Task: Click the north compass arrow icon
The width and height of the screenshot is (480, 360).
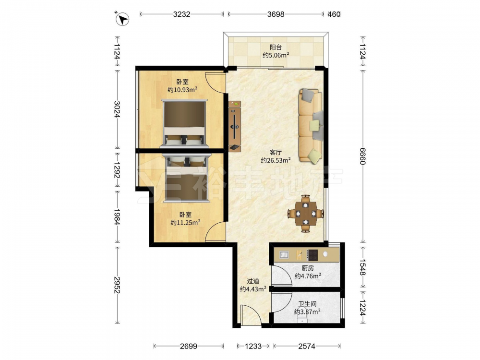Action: coord(122,19)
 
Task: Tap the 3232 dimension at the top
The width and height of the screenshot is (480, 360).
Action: coord(181,14)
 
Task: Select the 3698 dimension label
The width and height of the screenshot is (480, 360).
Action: coord(276,14)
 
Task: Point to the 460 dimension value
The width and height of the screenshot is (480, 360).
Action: coord(334,14)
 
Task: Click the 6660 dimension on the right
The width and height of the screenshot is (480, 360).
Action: coord(363,156)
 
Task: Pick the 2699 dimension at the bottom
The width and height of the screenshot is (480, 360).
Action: coord(189,346)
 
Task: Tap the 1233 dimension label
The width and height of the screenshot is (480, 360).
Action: coord(253,346)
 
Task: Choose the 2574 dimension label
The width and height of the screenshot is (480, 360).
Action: coord(307,346)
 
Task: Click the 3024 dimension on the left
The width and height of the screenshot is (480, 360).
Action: coord(117,109)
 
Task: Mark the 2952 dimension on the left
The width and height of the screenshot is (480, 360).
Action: coord(117,285)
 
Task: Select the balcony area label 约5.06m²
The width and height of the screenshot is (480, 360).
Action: coord(276,55)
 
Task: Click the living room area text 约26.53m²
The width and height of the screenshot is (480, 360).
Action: coord(276,160)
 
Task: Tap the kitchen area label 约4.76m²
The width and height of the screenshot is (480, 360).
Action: coord(308,276)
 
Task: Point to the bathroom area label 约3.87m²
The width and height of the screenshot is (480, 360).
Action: coord(307,312)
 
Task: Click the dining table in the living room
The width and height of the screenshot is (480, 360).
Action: coord(305,214)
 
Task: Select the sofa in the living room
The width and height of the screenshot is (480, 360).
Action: coord(311,125)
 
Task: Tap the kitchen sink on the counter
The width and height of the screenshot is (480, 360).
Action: coord(284,255)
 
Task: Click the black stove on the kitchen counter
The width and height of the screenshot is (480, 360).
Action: coord(312,255)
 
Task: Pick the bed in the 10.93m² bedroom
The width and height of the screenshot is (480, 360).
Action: coord(184,124)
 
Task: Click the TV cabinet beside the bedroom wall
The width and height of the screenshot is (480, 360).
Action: coord(235,126)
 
